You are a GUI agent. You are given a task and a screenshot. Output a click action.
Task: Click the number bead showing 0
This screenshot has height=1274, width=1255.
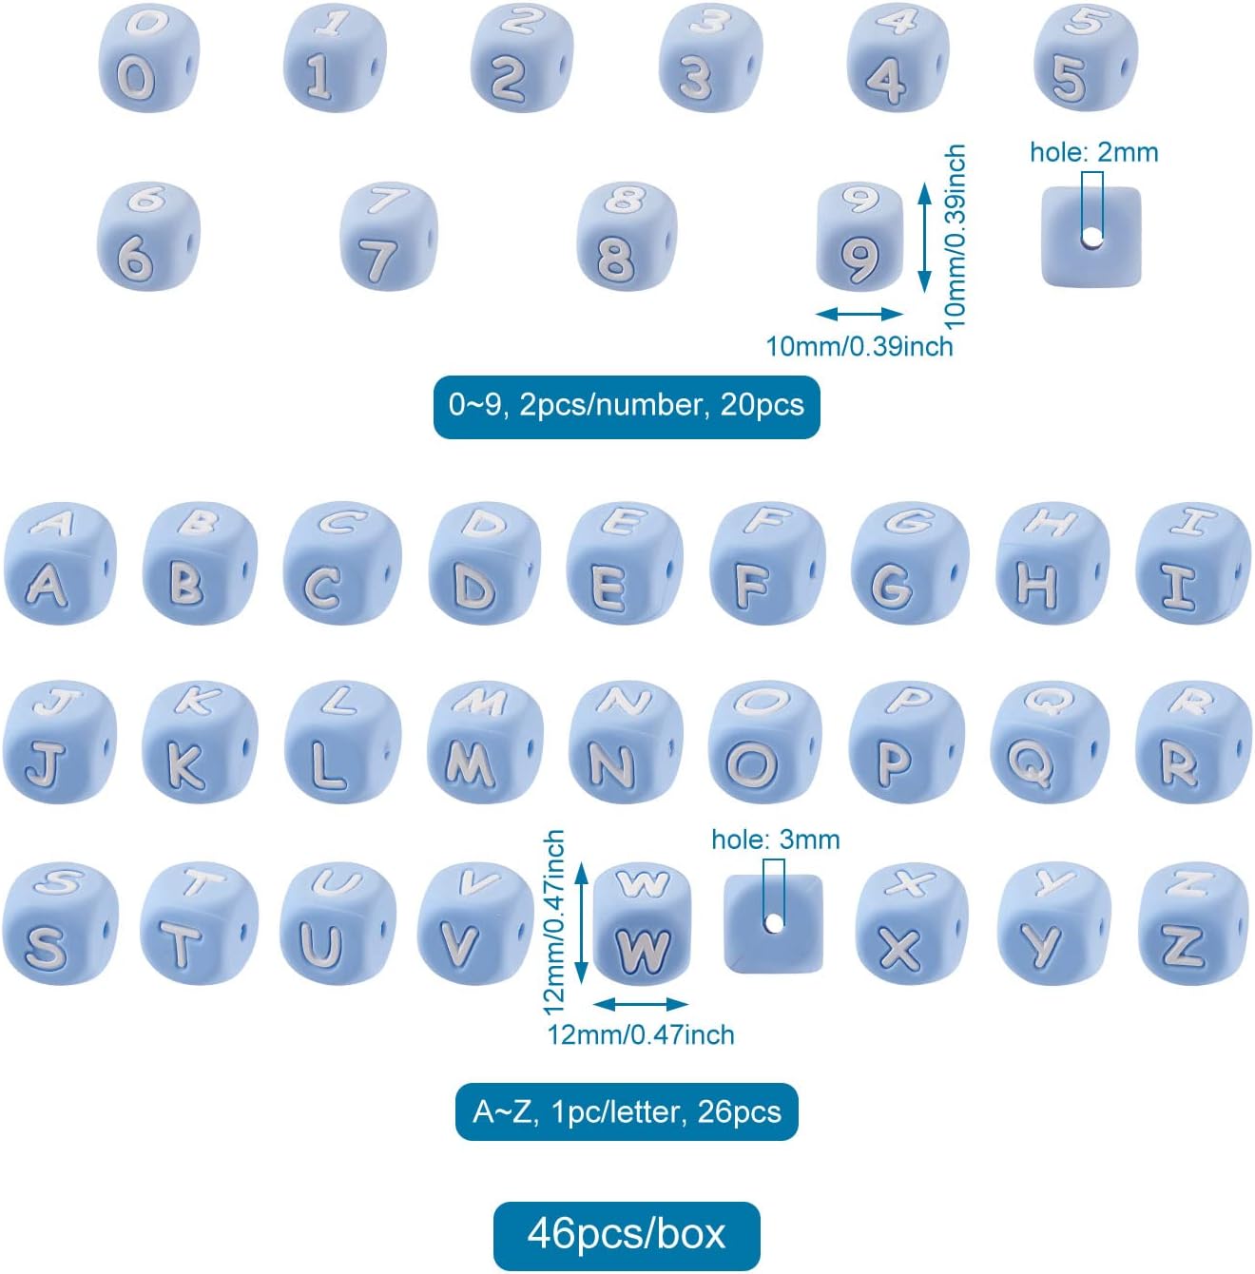(147, 59)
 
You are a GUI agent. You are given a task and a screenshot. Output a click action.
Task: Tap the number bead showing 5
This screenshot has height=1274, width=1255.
(1084, 59)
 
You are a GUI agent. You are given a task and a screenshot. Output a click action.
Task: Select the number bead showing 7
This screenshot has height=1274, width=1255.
(388, 238)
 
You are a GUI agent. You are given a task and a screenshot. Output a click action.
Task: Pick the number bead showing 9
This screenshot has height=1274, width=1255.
(859, 238)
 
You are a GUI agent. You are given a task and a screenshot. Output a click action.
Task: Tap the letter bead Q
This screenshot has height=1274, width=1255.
(1049, 743)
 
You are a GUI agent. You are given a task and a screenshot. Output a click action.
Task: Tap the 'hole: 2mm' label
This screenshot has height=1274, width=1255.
(1093, 152)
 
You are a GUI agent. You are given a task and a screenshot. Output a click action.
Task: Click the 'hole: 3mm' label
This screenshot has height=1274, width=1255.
(775, 840)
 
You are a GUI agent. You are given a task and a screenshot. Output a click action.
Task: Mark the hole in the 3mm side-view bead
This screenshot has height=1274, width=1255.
(774, 922)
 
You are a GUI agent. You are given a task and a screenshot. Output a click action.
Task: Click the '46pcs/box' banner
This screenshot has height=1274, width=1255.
(627, 1235)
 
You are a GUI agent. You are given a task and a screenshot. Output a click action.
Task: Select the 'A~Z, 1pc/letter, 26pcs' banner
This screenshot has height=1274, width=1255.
(627, 1111)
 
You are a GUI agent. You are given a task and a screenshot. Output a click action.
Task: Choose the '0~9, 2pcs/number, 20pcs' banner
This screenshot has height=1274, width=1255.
(627, 406)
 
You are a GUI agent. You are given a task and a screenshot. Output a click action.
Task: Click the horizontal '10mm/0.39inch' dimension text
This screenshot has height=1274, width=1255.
(859, 346)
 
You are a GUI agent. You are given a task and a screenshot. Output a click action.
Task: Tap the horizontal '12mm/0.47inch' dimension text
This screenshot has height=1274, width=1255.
(641, 1034)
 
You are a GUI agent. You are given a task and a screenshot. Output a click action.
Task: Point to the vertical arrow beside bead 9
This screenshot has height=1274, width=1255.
(923, 238)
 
